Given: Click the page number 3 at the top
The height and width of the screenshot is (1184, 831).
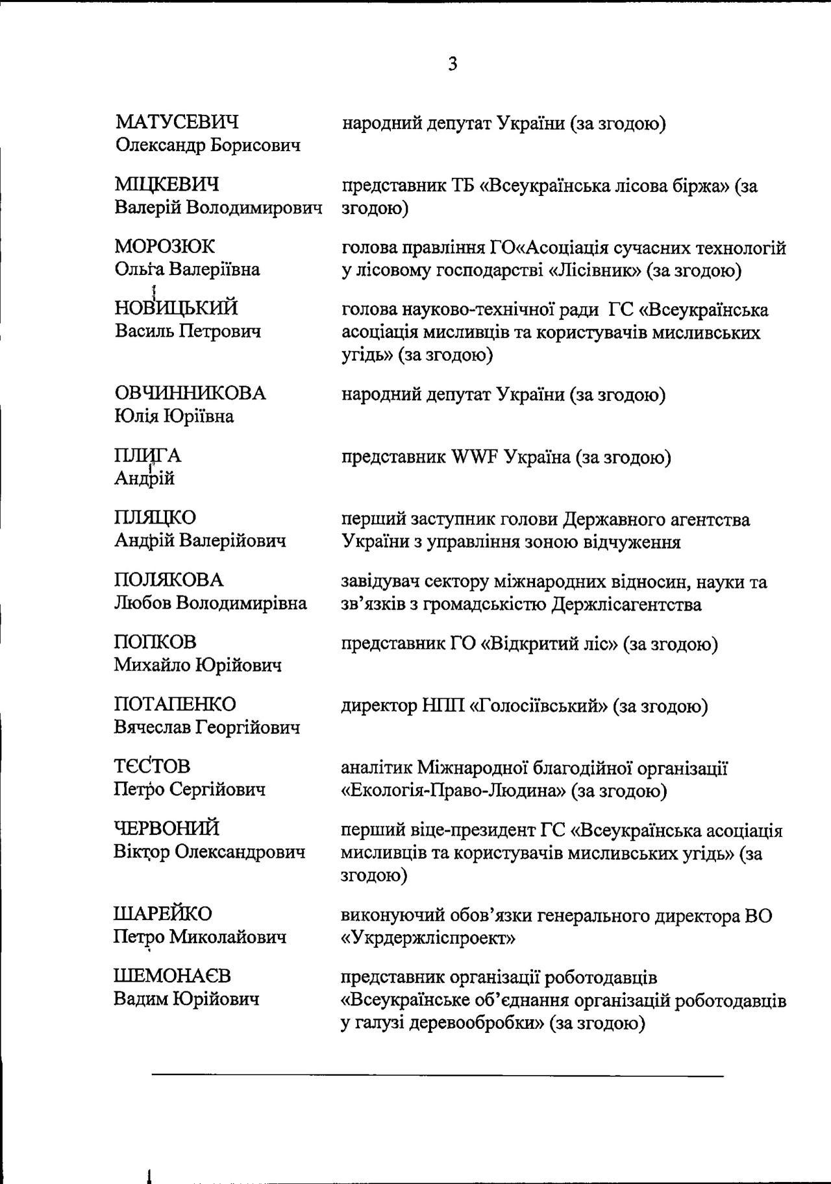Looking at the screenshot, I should click(x=453, y=64).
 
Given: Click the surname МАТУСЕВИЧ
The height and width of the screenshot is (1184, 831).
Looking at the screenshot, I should click(x=177, y=122).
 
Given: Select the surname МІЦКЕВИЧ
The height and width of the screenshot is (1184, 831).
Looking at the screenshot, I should click(x=167, y=185).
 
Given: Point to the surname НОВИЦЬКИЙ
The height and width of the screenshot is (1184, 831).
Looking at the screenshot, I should click(x=176, y=308).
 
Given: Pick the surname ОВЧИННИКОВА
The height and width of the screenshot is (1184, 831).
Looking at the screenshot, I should click(x=190, y=393).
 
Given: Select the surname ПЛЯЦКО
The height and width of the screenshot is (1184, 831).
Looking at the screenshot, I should click(x=155, y=518).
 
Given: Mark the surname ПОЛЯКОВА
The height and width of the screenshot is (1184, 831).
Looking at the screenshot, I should click(x=168, y=579).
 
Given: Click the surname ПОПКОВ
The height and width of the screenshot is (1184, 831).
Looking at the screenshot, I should click(x=155, y=642).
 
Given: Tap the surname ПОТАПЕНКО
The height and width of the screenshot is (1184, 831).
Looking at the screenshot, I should click(x=175, y=704).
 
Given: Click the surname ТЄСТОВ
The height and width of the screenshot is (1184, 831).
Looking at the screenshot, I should click(x=152, y=766).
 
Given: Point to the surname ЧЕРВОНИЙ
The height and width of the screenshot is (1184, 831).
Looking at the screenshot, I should click(x=166, y=828).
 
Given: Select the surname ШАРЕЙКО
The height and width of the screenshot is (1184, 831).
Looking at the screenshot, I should click(x=162, y=913).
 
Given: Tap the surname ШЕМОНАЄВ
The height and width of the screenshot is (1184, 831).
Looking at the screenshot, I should click(x=172, y=976).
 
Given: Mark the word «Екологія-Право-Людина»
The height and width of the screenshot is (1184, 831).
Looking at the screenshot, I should click(x=453, y=791).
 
